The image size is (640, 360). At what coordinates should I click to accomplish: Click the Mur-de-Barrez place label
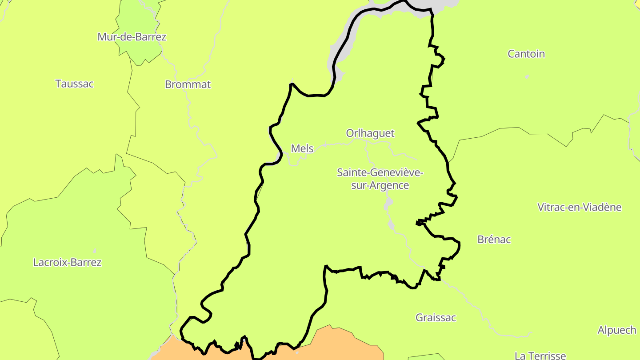132,37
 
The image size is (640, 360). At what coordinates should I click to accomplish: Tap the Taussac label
74,84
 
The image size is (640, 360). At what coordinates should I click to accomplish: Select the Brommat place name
188,84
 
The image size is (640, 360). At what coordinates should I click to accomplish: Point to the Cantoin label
526,54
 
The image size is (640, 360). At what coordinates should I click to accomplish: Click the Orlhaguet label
370,133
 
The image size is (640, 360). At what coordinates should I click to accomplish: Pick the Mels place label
302,148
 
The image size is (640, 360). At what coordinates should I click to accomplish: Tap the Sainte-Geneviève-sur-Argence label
380,179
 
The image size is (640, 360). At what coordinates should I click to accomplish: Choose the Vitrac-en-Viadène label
580,207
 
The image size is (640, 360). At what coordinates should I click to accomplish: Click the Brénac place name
494,240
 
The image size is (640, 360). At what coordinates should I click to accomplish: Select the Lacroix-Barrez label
67,262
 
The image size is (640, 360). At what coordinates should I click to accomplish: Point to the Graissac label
436,318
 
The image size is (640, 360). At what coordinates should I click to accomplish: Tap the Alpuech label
617,330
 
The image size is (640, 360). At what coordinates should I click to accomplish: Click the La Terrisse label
540,356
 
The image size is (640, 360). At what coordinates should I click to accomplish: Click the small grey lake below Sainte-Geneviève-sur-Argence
388,204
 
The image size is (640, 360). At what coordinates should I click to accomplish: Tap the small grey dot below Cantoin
527,77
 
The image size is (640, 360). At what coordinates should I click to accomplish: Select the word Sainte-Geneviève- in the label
380,172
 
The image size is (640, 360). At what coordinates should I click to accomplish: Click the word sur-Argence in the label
380,185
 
